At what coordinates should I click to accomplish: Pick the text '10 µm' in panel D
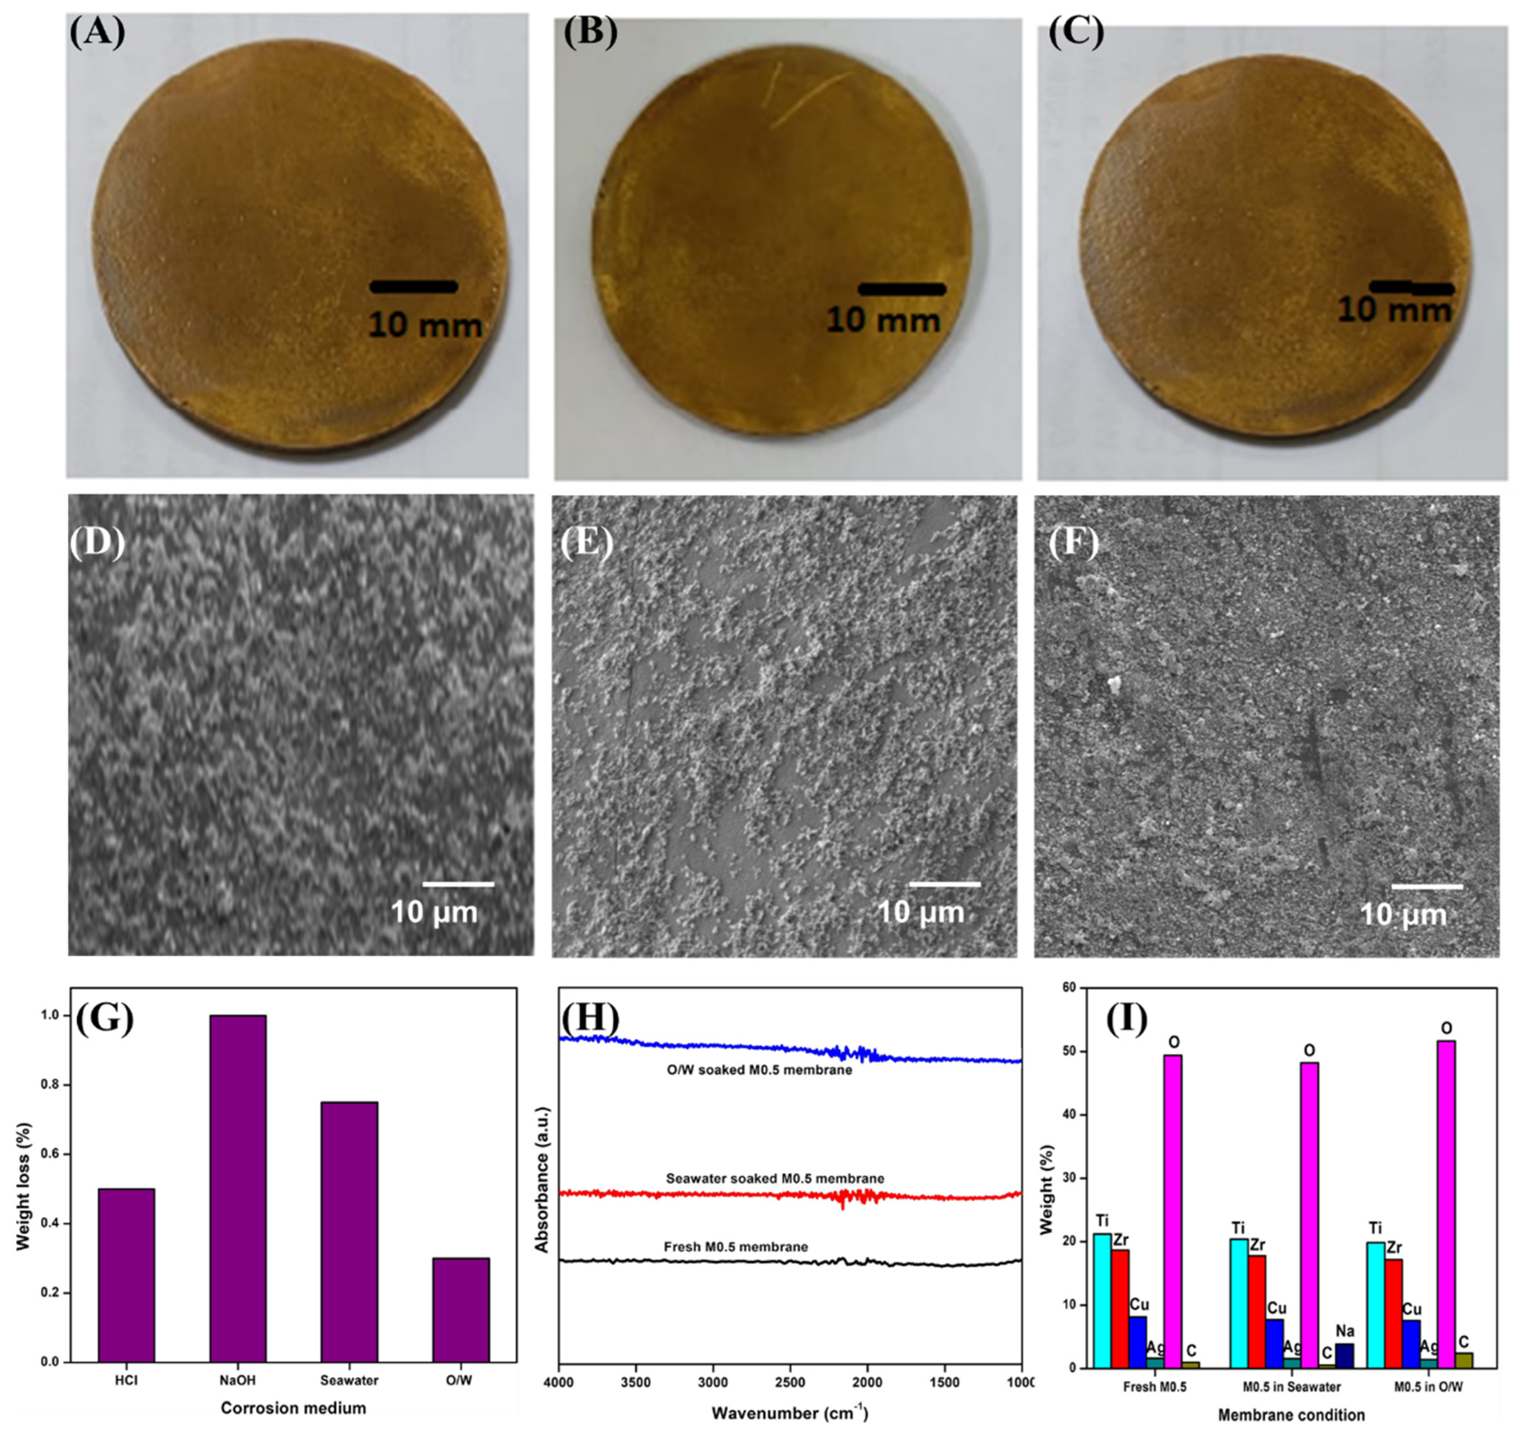pos(434,912)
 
